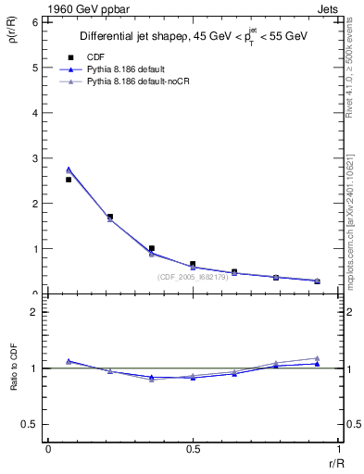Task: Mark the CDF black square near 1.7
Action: tap(110, 217)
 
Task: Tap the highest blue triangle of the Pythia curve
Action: tap(69, 169)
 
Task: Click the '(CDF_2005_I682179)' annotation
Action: tap(195, 277)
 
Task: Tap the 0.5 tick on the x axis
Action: tap(193, 449)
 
